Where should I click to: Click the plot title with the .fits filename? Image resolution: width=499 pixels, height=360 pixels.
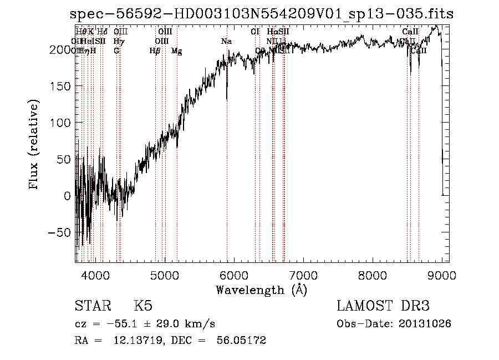[262, 14]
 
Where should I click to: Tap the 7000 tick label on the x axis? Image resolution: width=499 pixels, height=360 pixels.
[303, 275]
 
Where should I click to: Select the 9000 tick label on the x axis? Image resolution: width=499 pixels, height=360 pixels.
[442, 275]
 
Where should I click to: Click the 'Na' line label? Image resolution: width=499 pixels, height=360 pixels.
[226, 42]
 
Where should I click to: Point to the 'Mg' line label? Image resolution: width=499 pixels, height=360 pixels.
[177, 51]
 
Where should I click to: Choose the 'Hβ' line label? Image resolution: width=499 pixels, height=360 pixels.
[155, 51]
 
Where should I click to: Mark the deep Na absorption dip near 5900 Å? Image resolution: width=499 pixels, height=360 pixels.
[227, 98]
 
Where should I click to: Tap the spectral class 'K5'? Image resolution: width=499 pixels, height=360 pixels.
[143, 306]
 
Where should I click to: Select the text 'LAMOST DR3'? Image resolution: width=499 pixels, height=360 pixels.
[383, 306]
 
